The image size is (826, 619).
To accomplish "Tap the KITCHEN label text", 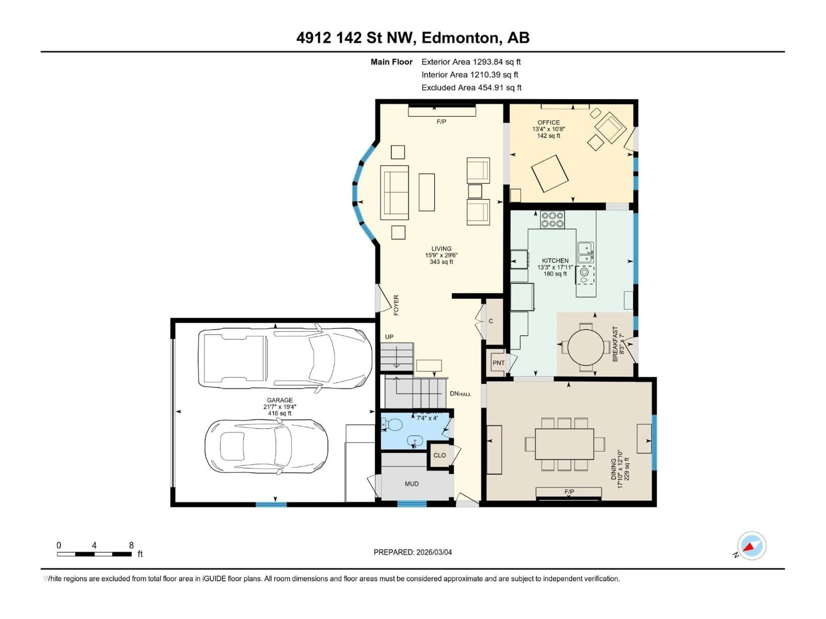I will click(x=555, y=261).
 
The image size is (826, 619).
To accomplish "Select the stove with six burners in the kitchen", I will click(x=552, y=220).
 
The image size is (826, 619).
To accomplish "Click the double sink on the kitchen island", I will click(x=585, y=253).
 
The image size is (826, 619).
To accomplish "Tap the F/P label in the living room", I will click(x=441, y=122).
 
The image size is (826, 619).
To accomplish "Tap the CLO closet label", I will click(x=439, y=455).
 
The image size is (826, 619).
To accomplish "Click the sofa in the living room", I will click(x=394, y=193).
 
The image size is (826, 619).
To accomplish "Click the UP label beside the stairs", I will click(x=389, y=337).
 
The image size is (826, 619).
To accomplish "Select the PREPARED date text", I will click(x=413, y=552).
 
